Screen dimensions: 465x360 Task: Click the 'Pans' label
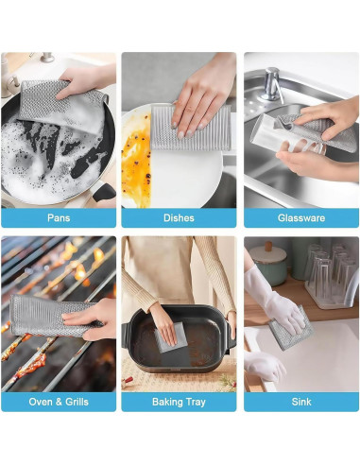pos(59,217)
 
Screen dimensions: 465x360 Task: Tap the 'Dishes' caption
pos(180,217)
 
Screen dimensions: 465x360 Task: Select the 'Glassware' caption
pos(300,217)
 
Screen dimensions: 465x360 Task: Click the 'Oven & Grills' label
pos(59,402)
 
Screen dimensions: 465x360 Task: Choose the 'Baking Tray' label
pos(180,402)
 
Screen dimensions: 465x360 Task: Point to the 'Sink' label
pos(300,402)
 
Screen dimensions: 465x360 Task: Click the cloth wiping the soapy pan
pos(43,104)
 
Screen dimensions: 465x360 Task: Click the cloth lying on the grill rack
pos(47,317)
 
